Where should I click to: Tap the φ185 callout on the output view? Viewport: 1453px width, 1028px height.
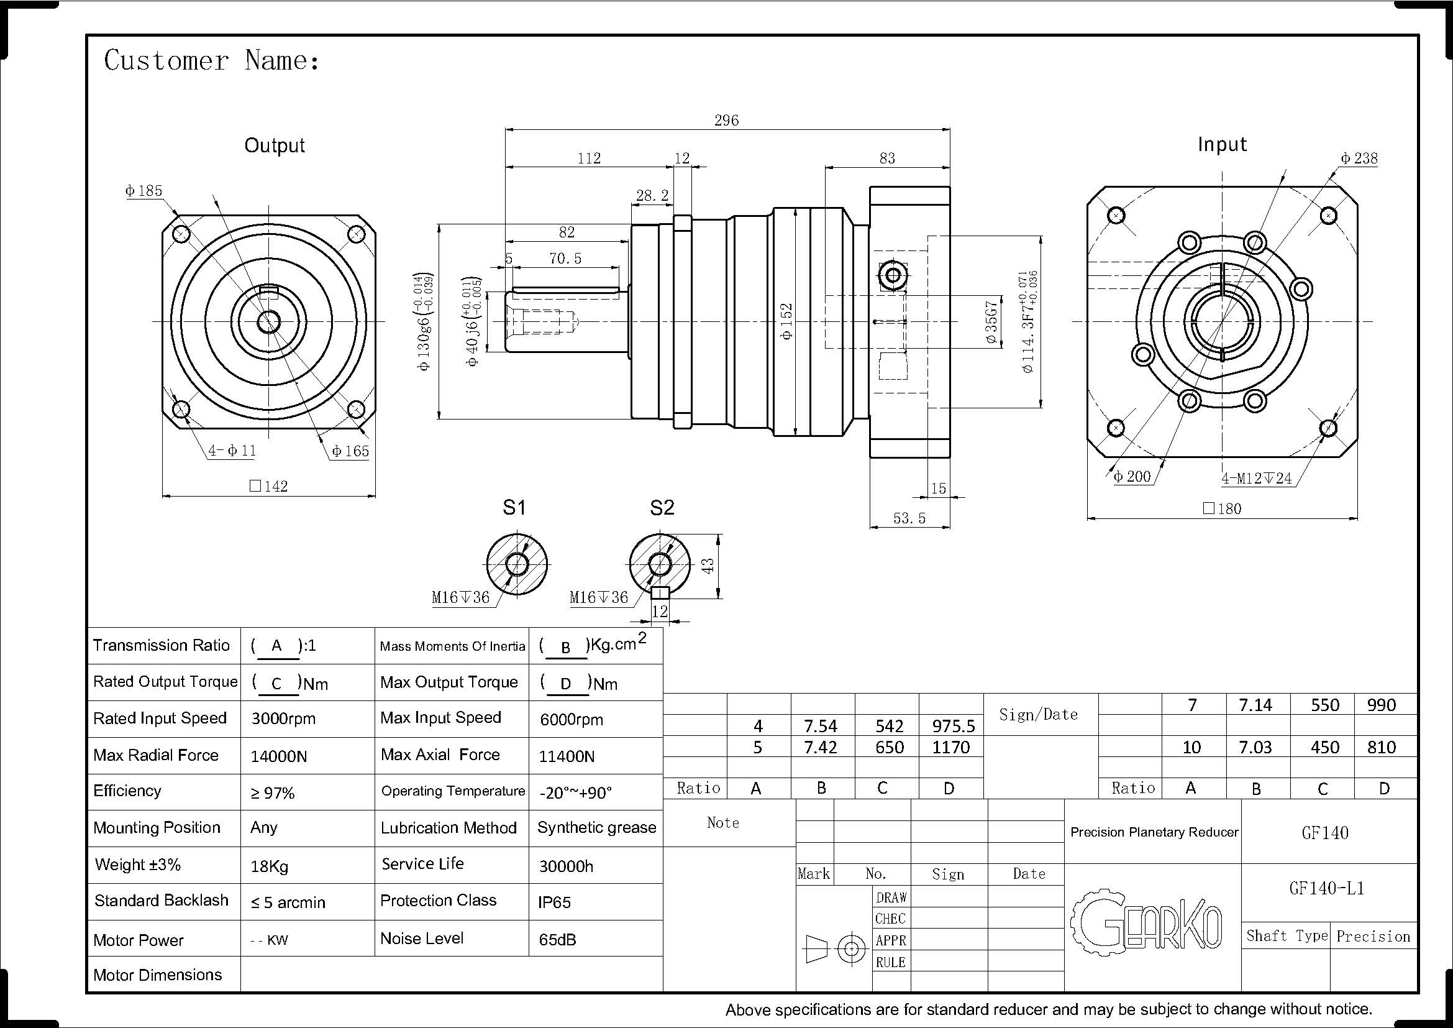click(x=143, y=191)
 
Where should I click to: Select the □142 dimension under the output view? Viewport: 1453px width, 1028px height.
click(x=268, y=486)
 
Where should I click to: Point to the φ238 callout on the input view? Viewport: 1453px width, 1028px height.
click(x=1359, y=158)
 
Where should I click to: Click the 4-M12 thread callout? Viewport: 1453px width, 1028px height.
click(x=1256, y=478)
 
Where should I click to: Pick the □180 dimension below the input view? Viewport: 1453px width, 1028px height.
click(x=1222, y=508)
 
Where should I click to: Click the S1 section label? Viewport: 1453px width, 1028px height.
click(x=514, y=507)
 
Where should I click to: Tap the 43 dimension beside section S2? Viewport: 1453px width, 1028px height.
click(x=708, y=565)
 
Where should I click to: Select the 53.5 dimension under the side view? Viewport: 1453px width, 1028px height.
click(x=909, y=518)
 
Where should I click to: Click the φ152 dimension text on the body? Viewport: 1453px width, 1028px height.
click(x=786, y=321)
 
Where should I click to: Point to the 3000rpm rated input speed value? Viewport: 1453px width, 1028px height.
click(x=283, y=718)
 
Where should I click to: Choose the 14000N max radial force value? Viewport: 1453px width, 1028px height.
click(x=278, y=756)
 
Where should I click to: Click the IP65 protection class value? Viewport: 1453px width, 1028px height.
click(x=554, y=902)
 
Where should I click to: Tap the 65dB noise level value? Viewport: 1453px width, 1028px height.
click(x=557, y=939)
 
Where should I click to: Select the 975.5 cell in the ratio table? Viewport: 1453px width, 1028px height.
click(x=953, y=725)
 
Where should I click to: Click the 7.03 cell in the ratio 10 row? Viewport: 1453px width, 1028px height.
click(x=1255, y=748)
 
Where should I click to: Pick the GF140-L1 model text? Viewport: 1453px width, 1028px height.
click(x=1326, y=888)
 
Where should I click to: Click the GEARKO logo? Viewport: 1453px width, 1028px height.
click(x=1146, y=921)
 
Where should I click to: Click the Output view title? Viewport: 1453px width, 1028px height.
click(x=275, y=145)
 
